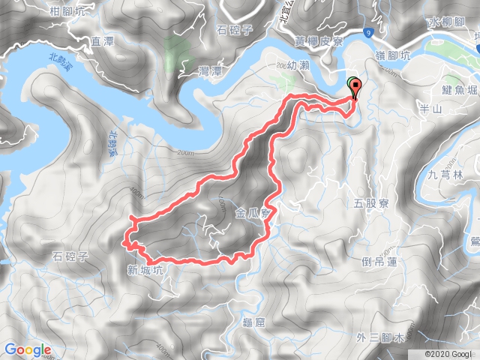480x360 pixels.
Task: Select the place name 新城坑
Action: point(144,270)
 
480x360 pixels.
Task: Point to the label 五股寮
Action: point(369,202)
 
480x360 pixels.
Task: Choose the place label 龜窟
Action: point(254,322)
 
